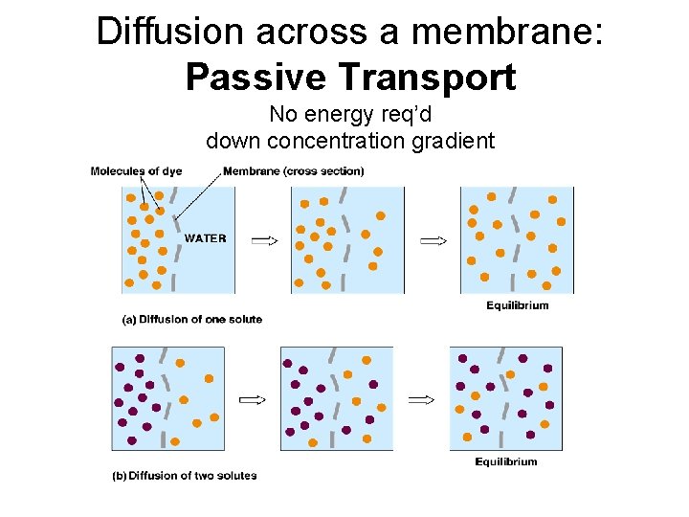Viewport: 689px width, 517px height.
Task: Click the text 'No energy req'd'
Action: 350,115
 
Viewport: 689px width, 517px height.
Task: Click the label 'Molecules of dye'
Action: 137,171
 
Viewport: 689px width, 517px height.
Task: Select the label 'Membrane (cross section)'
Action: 293,171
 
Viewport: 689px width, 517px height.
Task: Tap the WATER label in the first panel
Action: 206,237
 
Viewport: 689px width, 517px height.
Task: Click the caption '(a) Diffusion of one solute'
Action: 192,319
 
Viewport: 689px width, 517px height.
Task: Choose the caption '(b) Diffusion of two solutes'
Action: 186,475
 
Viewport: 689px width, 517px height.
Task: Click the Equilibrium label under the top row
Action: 518,305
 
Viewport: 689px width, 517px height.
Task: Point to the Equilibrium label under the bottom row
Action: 506,461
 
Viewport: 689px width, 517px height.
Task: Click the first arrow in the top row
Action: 264,240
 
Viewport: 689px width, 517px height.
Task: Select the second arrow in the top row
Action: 433,240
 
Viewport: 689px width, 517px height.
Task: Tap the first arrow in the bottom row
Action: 252,400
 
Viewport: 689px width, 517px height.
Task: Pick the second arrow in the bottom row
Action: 422,400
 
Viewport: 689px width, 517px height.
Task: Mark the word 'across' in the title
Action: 306,32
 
